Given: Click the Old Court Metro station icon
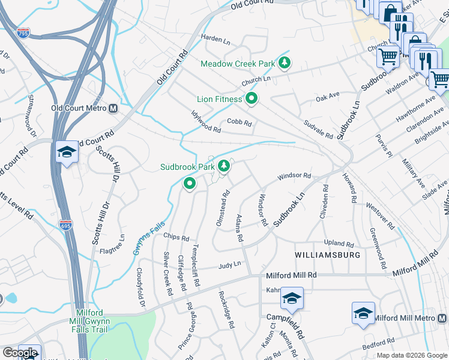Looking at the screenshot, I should tap(112, 109).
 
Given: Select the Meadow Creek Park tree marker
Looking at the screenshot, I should tap(285, 63).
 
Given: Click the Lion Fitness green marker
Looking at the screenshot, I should tap(252, 98).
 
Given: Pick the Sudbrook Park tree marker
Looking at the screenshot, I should tap(224, 166).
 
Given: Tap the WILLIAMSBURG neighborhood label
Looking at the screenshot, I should tap(328, 255).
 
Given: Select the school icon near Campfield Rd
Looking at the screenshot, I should tap(292, 298).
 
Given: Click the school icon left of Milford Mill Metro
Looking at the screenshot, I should tap(363, 313).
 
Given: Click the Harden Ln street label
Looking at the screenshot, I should tap(215, 40).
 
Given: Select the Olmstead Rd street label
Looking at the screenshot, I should tap(223, 208).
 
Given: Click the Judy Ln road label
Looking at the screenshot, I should tap(229, 264).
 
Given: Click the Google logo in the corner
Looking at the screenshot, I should tap(20, 353).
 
